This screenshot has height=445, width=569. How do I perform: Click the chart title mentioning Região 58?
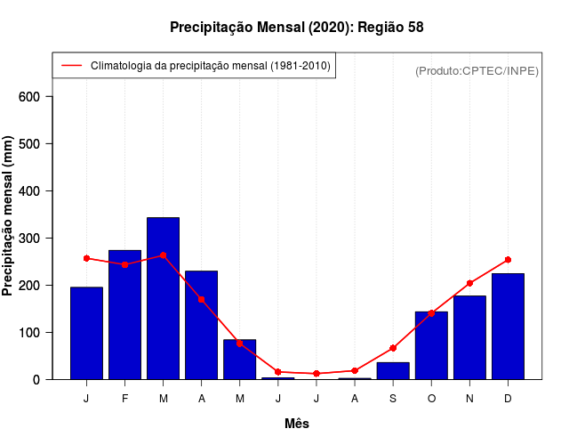[297, 28]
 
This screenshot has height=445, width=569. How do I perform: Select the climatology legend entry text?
[210, 66]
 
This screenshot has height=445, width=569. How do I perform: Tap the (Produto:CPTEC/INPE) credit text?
[477, 70]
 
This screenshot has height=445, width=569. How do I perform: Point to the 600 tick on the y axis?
[36, 96]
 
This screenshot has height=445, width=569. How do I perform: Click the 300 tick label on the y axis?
[36, 238]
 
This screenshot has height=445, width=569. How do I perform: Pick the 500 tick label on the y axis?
[36, 143]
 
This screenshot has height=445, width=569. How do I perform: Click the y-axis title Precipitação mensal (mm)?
[9, 216]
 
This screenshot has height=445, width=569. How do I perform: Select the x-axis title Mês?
[297, 424]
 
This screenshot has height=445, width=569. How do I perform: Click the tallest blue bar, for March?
[164, 298]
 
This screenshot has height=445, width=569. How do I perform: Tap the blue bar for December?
[508, 326]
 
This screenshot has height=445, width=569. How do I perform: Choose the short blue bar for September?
[393, 370]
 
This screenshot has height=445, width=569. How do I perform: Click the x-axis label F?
[124, 398]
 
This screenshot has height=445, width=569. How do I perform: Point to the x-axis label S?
[393, 398]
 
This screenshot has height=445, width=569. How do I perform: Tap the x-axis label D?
[508, 398]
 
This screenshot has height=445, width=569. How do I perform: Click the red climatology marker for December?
[508, 260]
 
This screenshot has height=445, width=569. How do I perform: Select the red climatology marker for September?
[393, 348]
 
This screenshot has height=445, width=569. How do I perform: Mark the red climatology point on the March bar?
[164, 255]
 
